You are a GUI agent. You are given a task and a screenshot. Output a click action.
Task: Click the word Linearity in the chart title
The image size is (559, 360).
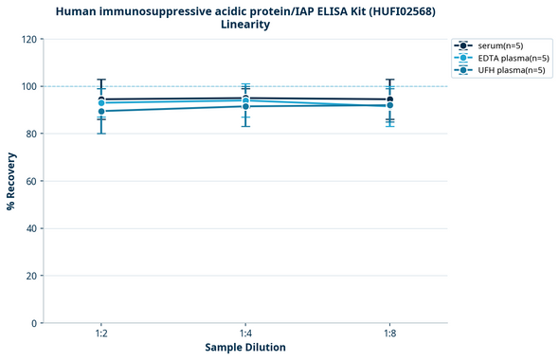[245, 25]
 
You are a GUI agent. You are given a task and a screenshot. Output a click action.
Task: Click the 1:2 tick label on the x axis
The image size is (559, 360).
[101, 334]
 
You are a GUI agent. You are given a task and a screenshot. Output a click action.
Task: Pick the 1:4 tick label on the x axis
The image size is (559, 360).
[245, 334]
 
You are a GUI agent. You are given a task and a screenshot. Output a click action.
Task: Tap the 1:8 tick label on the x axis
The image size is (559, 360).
[389, 334]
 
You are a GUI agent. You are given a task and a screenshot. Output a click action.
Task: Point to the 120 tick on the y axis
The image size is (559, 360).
[28, 40]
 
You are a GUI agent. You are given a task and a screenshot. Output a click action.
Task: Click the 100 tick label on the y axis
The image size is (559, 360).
[28, 87]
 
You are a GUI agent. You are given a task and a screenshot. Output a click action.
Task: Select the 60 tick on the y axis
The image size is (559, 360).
[31, 181]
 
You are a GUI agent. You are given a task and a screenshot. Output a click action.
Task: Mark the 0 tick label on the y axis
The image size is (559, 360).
[34, 323]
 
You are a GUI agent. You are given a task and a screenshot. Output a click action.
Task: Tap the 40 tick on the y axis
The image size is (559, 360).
[31, 228]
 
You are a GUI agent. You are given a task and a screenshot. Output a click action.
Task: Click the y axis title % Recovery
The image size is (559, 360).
[11, 181]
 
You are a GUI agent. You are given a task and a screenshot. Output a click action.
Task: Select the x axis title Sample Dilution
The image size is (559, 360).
[245, 348]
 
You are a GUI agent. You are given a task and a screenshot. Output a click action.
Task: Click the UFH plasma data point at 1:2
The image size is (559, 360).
[101, 111]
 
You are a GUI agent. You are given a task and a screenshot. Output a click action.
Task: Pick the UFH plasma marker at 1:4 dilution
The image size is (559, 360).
[245, 106]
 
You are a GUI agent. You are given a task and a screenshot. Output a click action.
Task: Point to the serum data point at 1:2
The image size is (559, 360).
[101, 99]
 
